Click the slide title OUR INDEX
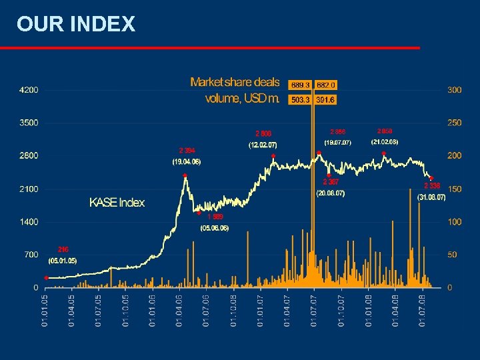click(x=76, y=25)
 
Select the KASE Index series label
click(x=117, y=203)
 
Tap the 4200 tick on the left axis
click(x=28, y=90)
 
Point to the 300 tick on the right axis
click(x=454, y=90)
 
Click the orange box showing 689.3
click(x=300, y=85)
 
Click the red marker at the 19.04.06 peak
click(x=185, y=176)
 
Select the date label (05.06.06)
click(x=214, y=228)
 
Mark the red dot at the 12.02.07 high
click(x=273, y=156)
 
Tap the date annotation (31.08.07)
click(x=431, y=198)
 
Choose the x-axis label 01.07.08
click(x=423, y=311)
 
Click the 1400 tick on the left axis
click(x=28, y=222)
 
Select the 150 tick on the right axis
click(x=454, y=189)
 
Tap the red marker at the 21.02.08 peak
click(x=384, y=153)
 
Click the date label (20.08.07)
click(x=330, y=193)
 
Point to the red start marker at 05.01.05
click(x=46, y=277)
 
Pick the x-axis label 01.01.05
click(x=45, y=311)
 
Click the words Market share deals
click(x=235, y=82)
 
